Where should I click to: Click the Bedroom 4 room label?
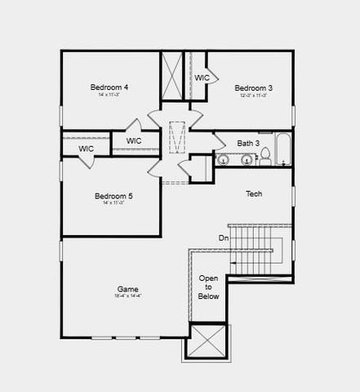pos(109,87)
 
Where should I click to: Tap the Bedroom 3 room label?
pos(253,88)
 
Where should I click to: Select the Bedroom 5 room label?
pos(113,196)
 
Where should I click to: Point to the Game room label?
pos(127,289)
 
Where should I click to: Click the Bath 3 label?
pos(248,144)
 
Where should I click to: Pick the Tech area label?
pos(254,194)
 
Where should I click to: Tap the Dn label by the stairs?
pos(224,238)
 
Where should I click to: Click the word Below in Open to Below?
pos(209,296)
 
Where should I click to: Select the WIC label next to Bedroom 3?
pos(202,78)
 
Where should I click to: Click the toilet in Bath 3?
pos(264,158)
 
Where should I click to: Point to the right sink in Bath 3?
pos(244,159)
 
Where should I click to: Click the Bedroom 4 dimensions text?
pos(109,95)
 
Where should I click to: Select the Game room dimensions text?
pos(127,296)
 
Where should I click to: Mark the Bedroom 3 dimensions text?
pos(253,96)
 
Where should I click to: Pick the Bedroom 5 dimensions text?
pos(113,203)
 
